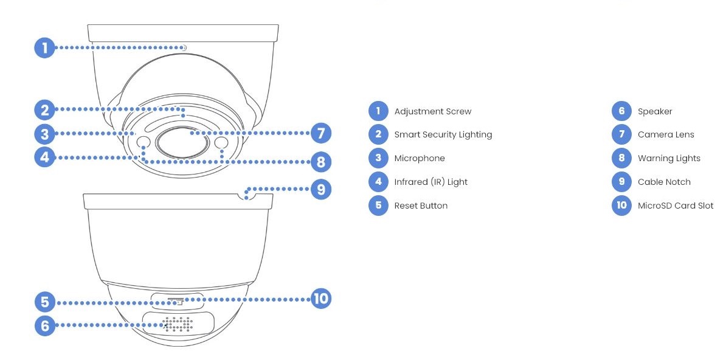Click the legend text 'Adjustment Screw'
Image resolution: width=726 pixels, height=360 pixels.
[x=432, y=111]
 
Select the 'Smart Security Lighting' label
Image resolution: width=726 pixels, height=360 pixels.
[x=443, y=134]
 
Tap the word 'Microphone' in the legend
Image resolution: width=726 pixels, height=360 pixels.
[x=420, y=158]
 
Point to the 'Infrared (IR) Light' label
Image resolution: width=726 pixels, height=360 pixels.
[x=430, y=182]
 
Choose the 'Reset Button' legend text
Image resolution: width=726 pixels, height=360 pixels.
[x=421, y=206]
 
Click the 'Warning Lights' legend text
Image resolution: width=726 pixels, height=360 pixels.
[x=669, y=158]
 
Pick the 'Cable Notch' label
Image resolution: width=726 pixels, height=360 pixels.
[x=664, y=182]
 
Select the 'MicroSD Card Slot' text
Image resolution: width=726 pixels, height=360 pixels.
[x=676, y=206]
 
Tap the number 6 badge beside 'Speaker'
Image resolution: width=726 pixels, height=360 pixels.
[x=621, y=111]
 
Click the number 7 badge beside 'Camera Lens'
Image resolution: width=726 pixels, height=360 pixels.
[x=621, y=134]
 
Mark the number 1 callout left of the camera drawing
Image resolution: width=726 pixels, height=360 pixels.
[x=44, y=47]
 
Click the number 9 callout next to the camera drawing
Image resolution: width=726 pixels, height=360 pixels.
[x=320, y=189]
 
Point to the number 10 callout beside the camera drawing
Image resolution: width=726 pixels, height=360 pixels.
[x=320, y=298]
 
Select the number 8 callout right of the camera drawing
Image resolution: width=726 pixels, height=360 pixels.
[x=320, y=162]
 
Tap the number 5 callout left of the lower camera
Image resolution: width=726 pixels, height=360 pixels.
[x=44, y=302]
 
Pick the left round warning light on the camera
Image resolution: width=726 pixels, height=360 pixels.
[x=144, y=143]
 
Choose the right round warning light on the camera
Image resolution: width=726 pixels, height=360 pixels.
[x=221, y=143]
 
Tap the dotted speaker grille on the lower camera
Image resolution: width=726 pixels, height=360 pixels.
[x=178, y=325]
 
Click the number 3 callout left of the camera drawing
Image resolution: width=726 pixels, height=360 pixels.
[x=44, y=133]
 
